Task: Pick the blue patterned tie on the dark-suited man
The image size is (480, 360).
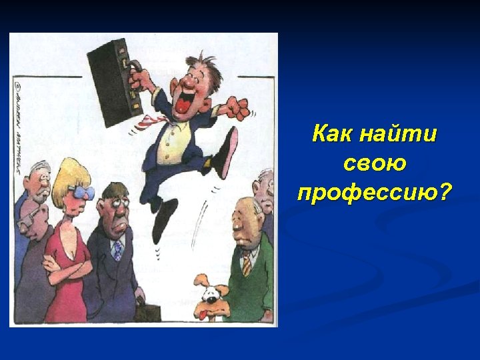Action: [117, 249]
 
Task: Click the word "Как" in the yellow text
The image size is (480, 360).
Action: [333, 134]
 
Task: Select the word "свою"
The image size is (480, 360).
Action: [374, 163]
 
